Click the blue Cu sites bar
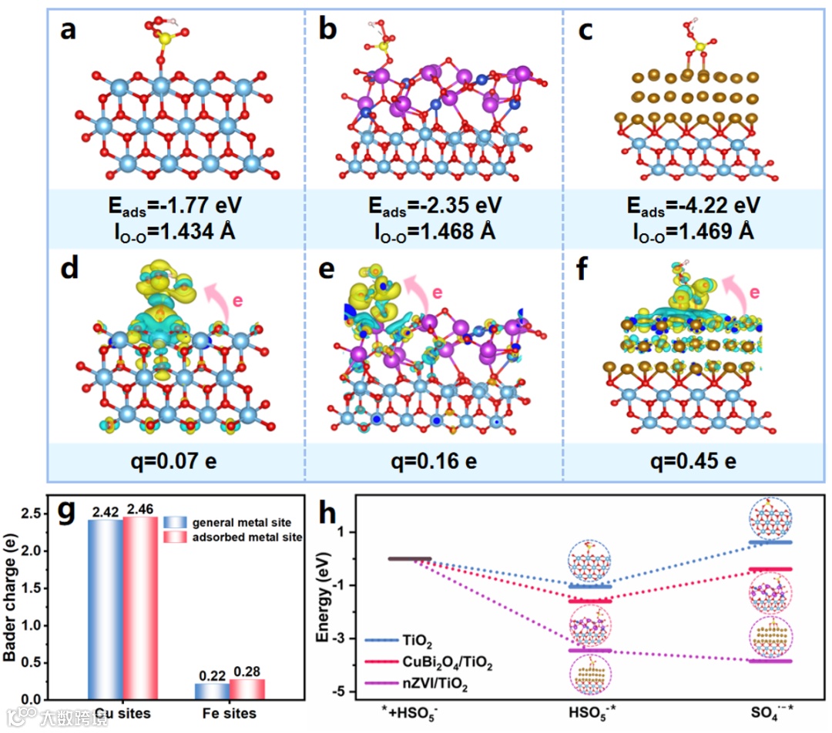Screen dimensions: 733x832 pyautogui.click(x=106, y=608)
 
